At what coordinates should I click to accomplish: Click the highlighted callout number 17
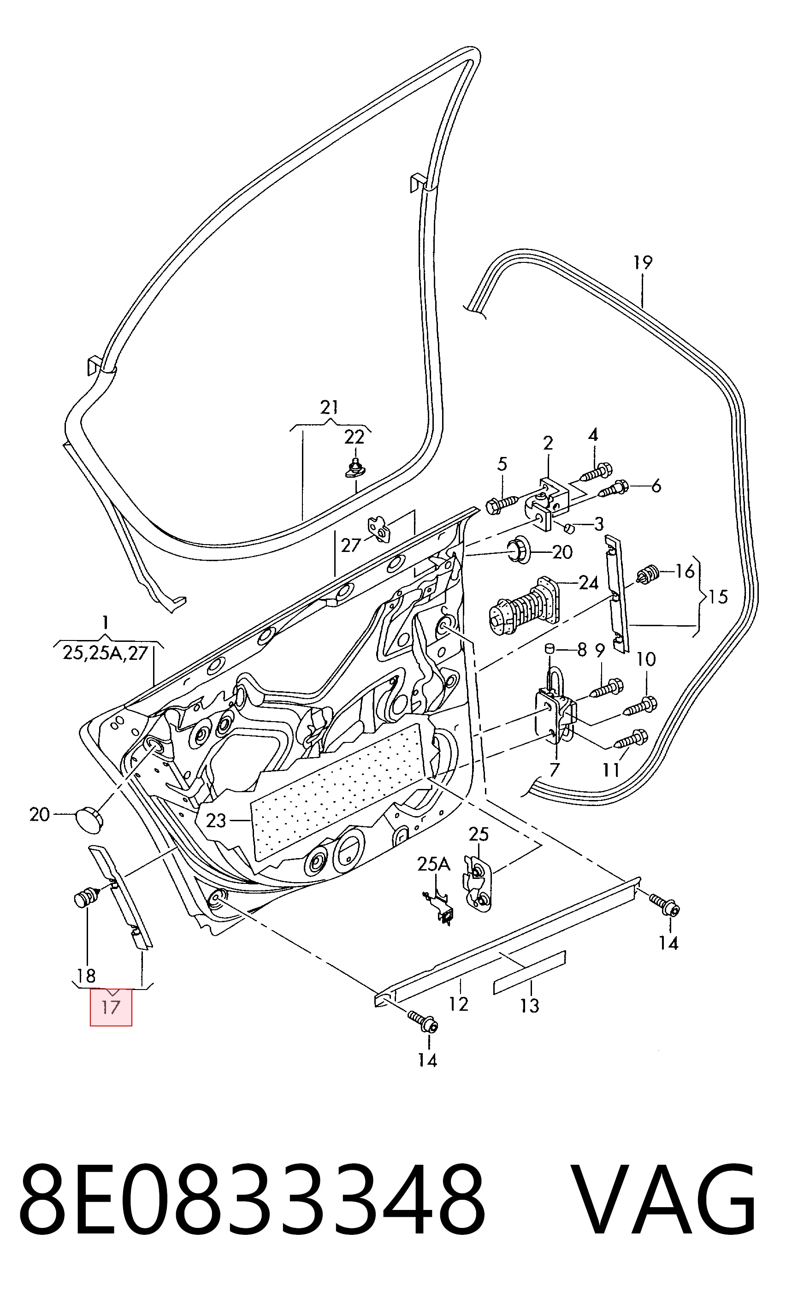[111, 1007]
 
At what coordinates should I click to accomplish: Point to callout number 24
[588, 583]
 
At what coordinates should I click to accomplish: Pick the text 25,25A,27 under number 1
[105, 652]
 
